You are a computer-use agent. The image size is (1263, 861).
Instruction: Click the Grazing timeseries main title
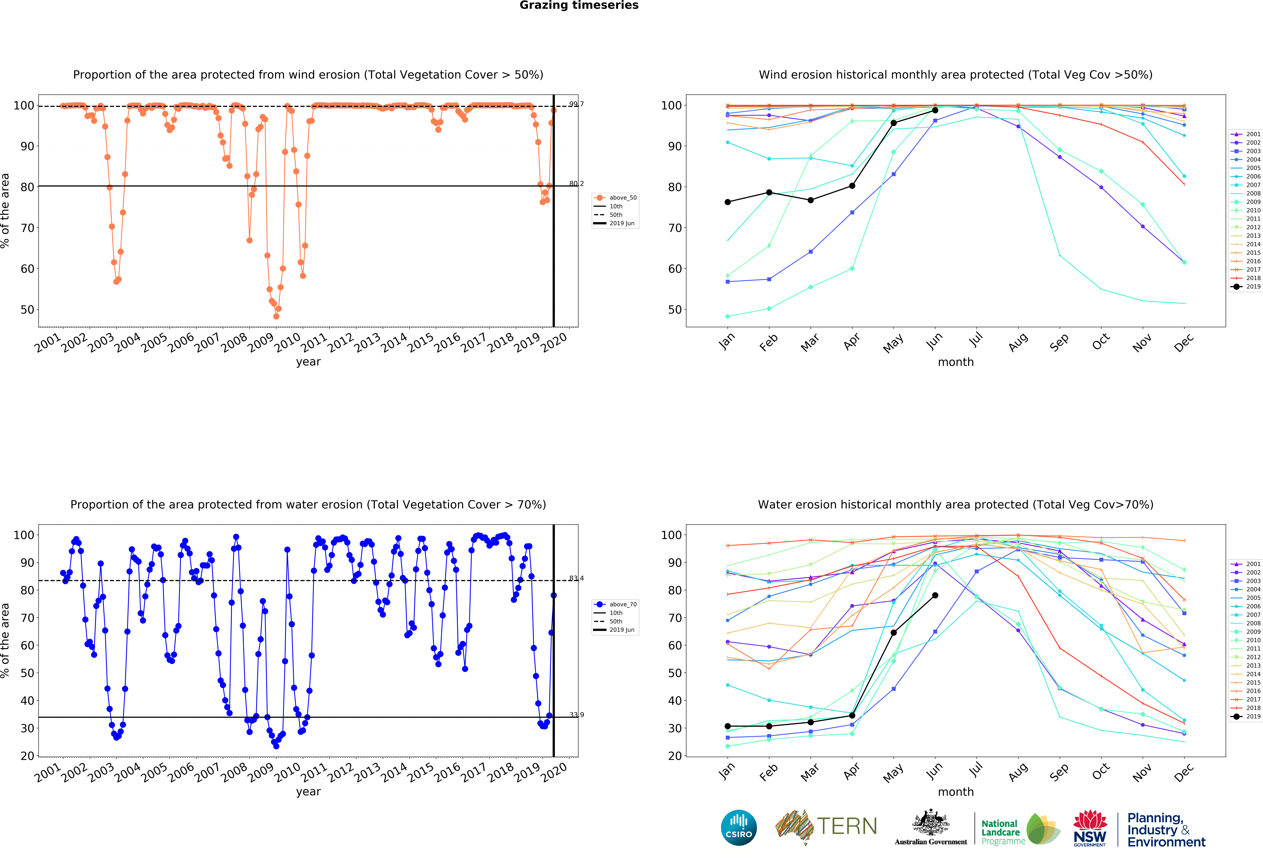coord(579,5)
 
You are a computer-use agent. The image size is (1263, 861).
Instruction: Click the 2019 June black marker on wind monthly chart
coord(935,110)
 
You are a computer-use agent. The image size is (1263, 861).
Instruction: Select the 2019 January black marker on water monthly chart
coord(728,726)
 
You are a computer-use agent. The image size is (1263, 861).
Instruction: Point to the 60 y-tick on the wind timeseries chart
coord(27,269)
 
